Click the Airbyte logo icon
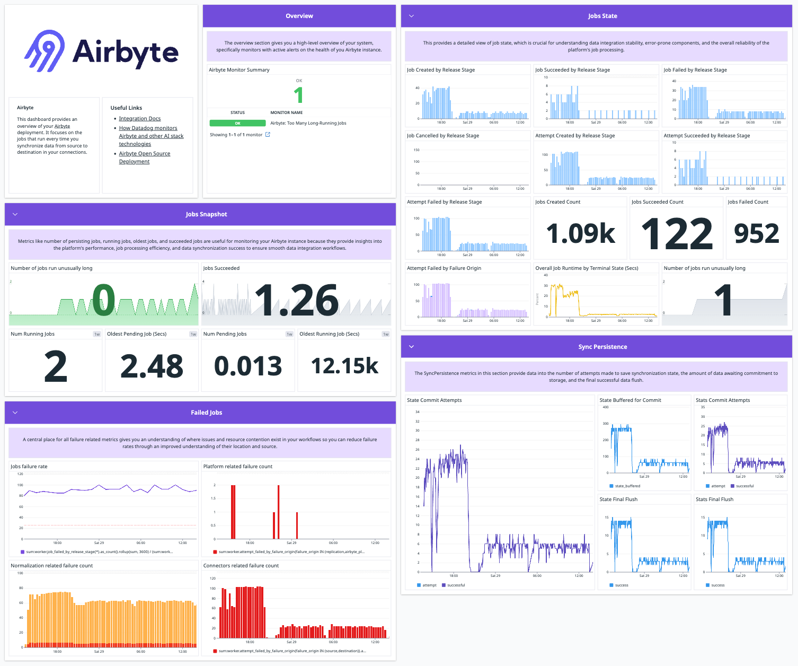coord(45,50)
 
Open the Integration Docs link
coord(139,119)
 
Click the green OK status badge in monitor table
coord(237,123)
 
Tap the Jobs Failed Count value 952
coord(757,233)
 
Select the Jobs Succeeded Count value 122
coord(677,233)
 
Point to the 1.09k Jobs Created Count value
coord(581,233)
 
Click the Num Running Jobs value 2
coord(56,366)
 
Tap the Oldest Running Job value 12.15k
coord(344,366)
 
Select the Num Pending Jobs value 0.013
coord(248,366)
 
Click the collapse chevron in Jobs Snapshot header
coord(15,214)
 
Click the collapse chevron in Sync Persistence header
coord(411,347)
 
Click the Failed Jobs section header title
coord(206,413)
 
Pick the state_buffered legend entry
coord(627,486)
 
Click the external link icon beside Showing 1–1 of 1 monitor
coord(268,135)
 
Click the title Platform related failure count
coord(237,467)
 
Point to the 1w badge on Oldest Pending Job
coord(193,334)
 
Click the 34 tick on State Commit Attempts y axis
coord(418,412)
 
